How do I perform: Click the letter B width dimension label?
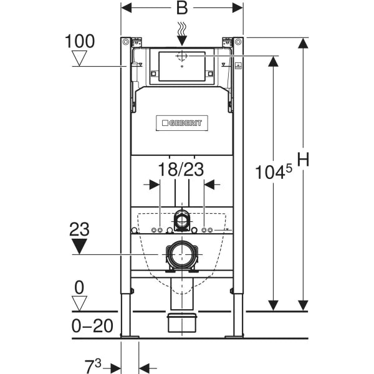[x=182, y=7]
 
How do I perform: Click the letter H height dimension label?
[x=303, y=159]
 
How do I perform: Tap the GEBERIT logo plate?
[x=182, y=123]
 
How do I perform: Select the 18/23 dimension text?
[x=181, y=170]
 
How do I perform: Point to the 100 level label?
[x=80, y=41]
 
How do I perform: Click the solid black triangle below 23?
[x=79, y=246]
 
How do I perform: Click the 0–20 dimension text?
[x=92, y=326]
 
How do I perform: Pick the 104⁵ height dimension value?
[x=274, y=171]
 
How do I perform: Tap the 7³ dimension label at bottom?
[x=93, y=366]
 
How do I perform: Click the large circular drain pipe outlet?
[x=182, y=255]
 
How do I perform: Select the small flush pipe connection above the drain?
[x=182, y=219]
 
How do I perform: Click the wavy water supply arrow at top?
[x=182, y=34]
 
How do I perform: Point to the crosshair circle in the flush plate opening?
[x=182, y=56]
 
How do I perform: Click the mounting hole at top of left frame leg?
[x=126, y=42]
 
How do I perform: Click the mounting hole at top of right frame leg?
[x=238, y=42]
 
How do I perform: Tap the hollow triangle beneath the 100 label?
[x=79, y=58]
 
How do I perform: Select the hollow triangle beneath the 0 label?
[x=79, y=304]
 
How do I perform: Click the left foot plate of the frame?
[x=130, y=337]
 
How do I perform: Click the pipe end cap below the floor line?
[x=182, y=323]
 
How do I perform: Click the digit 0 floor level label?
[x=79, y=287]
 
